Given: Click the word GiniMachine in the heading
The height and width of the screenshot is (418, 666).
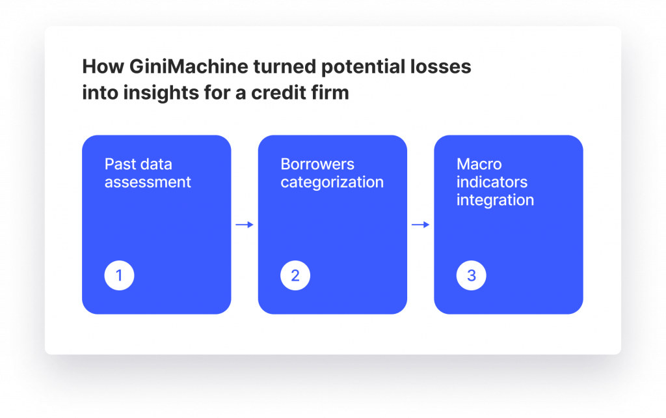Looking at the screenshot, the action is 189,67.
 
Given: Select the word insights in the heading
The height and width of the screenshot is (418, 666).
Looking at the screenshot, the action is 161,92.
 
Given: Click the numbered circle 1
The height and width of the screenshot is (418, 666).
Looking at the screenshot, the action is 120,275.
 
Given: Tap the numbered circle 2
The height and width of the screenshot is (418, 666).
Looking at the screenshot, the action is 295,275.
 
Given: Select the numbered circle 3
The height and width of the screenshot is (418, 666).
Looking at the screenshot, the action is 471,275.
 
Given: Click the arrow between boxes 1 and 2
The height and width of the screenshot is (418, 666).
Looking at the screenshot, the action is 245,225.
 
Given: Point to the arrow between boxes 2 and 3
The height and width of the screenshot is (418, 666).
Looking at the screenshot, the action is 421,225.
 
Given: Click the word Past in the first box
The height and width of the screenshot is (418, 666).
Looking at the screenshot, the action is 120,164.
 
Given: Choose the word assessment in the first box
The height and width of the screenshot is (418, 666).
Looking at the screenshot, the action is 148,182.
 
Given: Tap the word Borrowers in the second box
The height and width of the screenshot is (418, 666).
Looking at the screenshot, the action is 317,164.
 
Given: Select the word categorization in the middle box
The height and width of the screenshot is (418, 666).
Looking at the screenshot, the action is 332,182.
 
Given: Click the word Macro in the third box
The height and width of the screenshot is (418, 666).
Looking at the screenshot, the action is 479,164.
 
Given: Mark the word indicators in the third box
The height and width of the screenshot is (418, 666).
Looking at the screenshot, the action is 492,182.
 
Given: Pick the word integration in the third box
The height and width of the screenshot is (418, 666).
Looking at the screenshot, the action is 495,201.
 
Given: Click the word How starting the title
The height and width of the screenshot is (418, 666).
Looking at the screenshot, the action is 103,67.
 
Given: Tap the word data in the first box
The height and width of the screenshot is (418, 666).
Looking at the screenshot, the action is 156,164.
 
